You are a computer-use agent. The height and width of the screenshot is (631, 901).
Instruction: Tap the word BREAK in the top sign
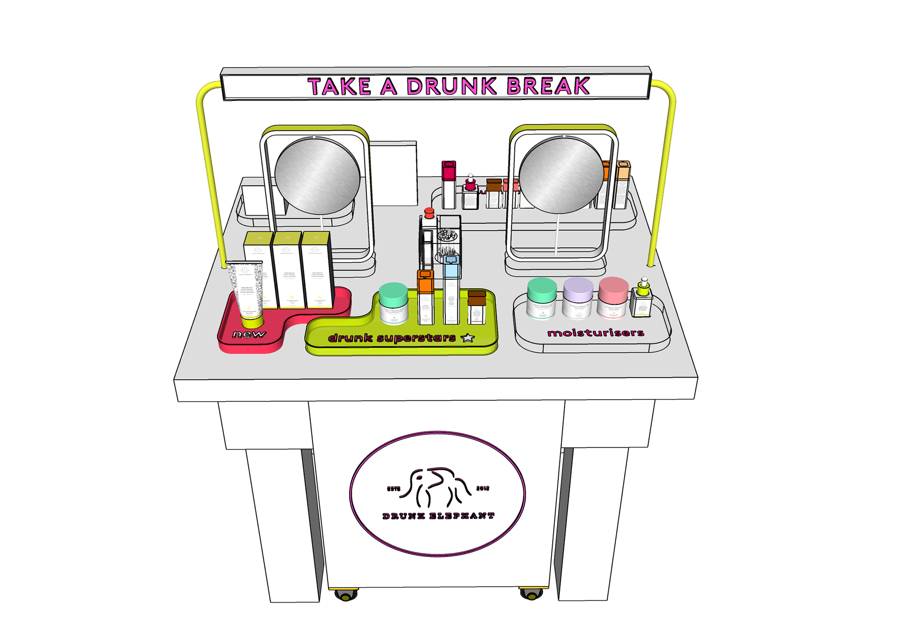[x=548, y=86]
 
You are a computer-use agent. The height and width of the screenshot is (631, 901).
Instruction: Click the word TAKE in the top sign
[x=339, y=87]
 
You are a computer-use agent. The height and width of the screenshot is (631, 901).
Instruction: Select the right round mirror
[x=561, y=176]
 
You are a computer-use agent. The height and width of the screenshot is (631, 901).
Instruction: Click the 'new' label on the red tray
[x=249, y=335]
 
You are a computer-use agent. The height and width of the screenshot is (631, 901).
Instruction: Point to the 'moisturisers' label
[x=596, y=333]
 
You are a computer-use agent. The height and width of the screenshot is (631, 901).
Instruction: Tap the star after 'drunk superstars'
[x=468, y=338]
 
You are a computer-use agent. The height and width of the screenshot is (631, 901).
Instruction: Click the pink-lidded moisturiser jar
[x=613, y=296]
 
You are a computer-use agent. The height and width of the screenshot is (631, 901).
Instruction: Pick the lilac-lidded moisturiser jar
[x=578, y=297]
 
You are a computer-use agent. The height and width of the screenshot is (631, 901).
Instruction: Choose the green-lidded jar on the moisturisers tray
[x=542, y=298]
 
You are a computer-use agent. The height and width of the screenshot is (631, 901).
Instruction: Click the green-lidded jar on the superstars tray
[x=393, y=303]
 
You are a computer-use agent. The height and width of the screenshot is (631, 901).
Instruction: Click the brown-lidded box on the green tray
[x=476, y=307]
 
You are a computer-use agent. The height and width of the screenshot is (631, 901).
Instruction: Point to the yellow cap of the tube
[x=252, y=322]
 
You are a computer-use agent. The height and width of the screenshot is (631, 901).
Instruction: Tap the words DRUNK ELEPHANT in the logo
[x=438, y=516]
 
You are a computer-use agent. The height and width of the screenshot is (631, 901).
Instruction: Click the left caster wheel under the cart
[x=345, y=595]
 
